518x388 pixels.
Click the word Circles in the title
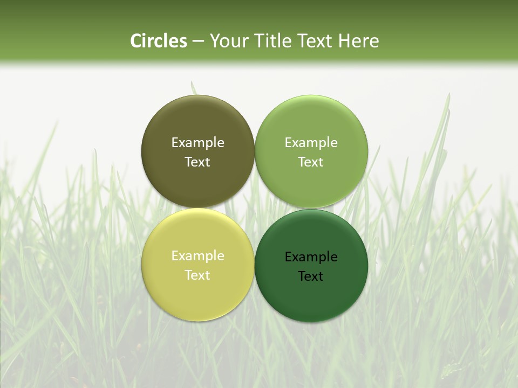point(159,41)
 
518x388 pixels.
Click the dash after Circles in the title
point(198,41)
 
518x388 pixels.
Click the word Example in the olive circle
point(197,143)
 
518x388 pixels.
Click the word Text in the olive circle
point(197,162)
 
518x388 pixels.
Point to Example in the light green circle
point(311,143)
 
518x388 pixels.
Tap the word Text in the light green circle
point(311,162)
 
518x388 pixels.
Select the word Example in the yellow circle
point(197,256)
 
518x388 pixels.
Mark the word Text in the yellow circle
point(197,275)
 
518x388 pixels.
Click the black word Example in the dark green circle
point(311,257)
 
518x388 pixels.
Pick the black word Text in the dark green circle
point(311,276)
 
